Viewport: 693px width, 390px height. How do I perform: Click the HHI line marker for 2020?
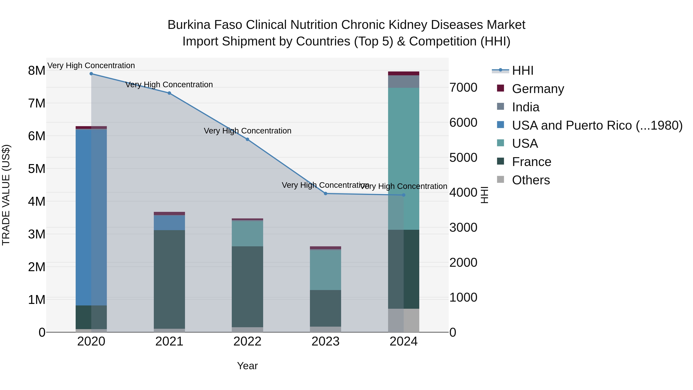[x=91, y=74]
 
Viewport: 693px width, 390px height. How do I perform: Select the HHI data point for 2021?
[x=169, y=93]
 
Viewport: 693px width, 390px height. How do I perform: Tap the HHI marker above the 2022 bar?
[x=248, y=139]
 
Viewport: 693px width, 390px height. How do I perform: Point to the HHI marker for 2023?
[x=326, y=194]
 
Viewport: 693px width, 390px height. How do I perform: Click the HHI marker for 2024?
[x=403, y=195]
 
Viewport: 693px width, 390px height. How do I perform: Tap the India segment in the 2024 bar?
[x=403, y=81]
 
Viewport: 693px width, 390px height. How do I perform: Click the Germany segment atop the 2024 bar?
[x=403, y=74]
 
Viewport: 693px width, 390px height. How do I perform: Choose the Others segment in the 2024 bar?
[x=403, y=320]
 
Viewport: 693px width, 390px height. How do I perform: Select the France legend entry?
[x=531, y=162]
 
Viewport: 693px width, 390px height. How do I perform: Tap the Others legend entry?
[x=531, y=180]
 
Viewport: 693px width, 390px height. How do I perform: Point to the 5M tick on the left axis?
[x=37, y=169]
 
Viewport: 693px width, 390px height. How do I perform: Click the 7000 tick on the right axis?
[x=463, y=87]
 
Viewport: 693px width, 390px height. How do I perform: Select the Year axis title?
[x=248, y=366]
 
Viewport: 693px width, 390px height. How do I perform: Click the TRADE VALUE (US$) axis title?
[x=6, y=195]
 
